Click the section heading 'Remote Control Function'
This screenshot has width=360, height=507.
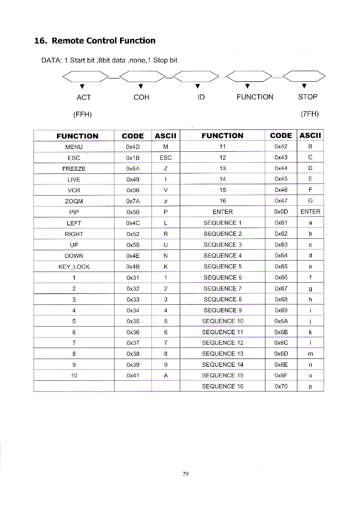(x=103, y=41)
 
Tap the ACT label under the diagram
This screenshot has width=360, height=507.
(x=84, y=97)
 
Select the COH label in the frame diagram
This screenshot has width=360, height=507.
(x=141, y=97)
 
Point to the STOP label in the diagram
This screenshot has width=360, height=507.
(x=308, y=97)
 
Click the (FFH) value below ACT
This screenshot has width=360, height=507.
(x=82, y=115)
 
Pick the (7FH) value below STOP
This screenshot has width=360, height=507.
(x=310, y=114)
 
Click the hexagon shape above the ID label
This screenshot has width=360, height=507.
(x=196, y=77)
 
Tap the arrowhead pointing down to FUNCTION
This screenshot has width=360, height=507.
(x=247, y=86)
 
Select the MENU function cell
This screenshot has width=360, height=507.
(x=74, y=147)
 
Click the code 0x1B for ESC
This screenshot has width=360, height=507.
(x=133, y=158)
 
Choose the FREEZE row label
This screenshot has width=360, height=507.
(x=74, y=169)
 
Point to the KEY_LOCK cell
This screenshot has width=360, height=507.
(x=74, y=267)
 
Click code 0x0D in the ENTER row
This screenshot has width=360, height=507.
(x=281, y=212)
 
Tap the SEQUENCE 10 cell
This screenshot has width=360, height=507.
(x=223, y=321)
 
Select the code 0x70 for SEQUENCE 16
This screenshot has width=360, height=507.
(x=281, y=386)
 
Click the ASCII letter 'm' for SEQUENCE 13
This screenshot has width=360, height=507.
(x=310, y=354)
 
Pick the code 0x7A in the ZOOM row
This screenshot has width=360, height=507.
(x=133, y=201)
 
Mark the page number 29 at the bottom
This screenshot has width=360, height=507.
(x=185, y=474)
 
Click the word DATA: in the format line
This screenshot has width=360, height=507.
(x=52, y=61)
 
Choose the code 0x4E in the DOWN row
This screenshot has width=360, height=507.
(x=133, y=256)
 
